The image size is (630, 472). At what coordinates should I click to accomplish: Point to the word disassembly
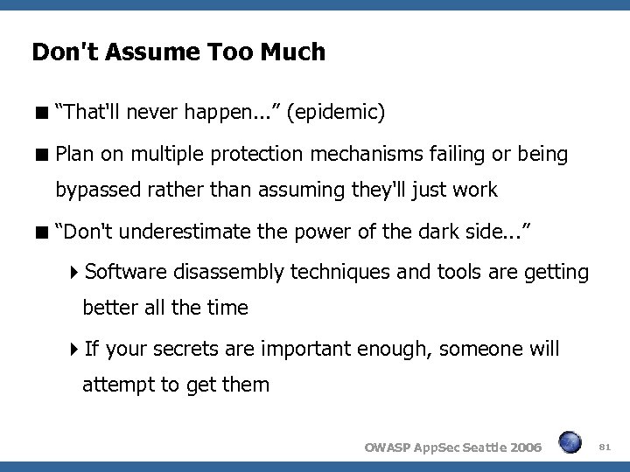click(x=227, y=273)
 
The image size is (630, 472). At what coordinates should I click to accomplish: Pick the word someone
click(x=480, y=350)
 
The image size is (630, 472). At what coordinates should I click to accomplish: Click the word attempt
click(x=116, y=384)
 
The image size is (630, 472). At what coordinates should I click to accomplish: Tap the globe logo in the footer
click(x=570, y=445)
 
